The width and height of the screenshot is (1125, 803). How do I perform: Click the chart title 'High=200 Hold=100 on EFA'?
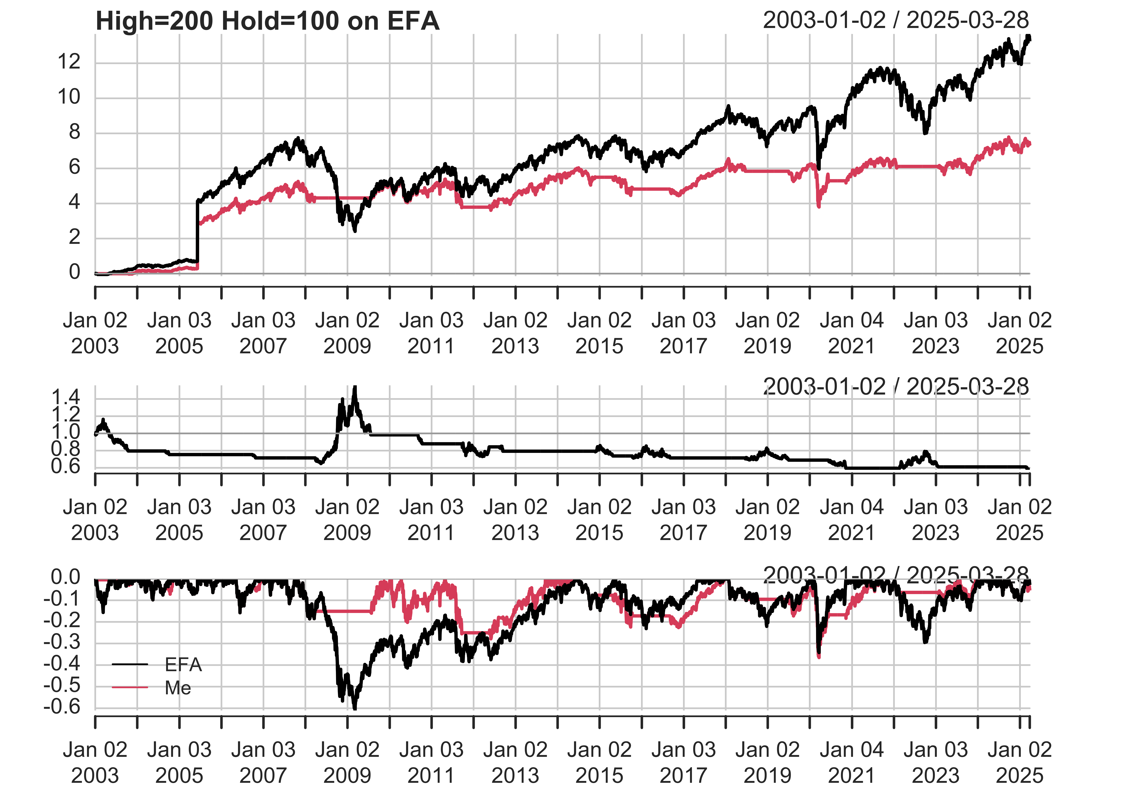(267, 21)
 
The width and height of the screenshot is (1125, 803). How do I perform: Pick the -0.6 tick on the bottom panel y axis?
(62, 707)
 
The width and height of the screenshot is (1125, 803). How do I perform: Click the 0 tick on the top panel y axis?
(74, 272)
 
